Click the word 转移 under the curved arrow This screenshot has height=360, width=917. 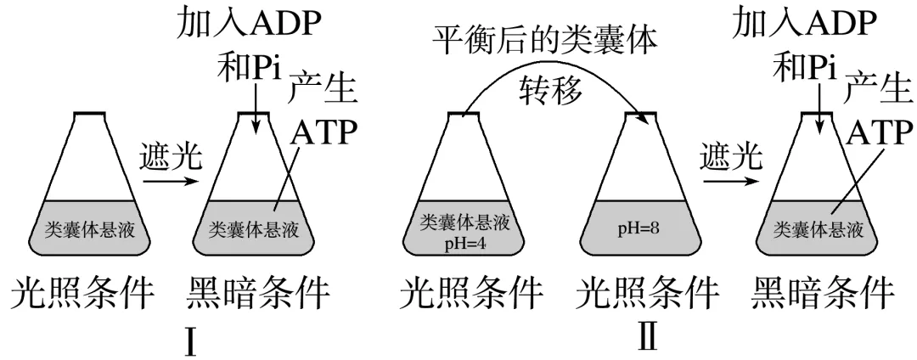pos(552,90)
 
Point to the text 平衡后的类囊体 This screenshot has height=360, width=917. pos(546,42)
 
